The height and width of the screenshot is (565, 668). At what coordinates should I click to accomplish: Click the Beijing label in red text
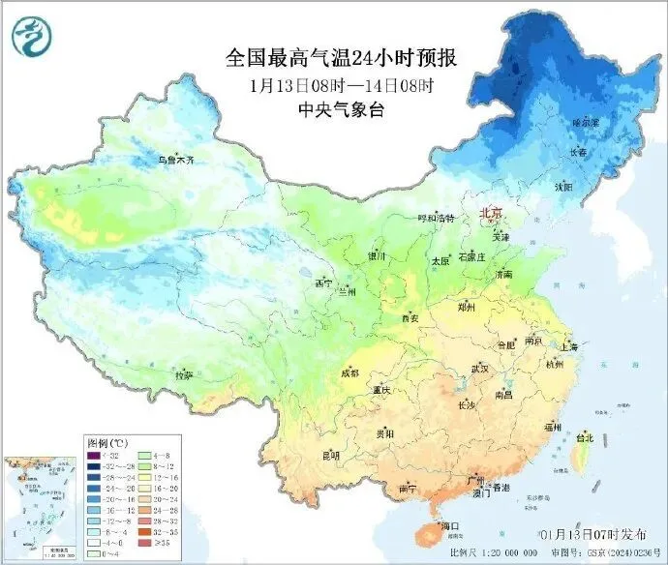tap(492, 212)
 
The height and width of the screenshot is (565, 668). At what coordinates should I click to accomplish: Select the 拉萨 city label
tap(184, 374)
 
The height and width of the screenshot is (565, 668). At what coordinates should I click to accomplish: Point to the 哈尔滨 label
tap(586, 123)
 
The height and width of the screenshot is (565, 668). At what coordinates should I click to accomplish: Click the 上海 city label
tap(568, 346)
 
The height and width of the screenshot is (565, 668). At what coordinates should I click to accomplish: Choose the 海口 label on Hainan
tap(449, 525)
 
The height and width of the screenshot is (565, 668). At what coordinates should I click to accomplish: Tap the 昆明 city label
tap(331, 455)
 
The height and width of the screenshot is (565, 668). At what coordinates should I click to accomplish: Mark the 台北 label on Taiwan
tap(585, 437)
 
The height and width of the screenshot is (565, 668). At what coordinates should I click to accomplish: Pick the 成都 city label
tap(349, 372)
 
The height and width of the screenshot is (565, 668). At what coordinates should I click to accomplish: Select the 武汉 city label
tap(480, 369)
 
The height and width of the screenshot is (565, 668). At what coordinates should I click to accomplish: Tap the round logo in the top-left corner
tap(29, 35)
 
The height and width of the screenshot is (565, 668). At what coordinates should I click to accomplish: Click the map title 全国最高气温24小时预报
tap(341, 58)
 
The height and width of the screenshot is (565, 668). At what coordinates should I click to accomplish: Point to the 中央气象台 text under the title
tap(341, 109)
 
